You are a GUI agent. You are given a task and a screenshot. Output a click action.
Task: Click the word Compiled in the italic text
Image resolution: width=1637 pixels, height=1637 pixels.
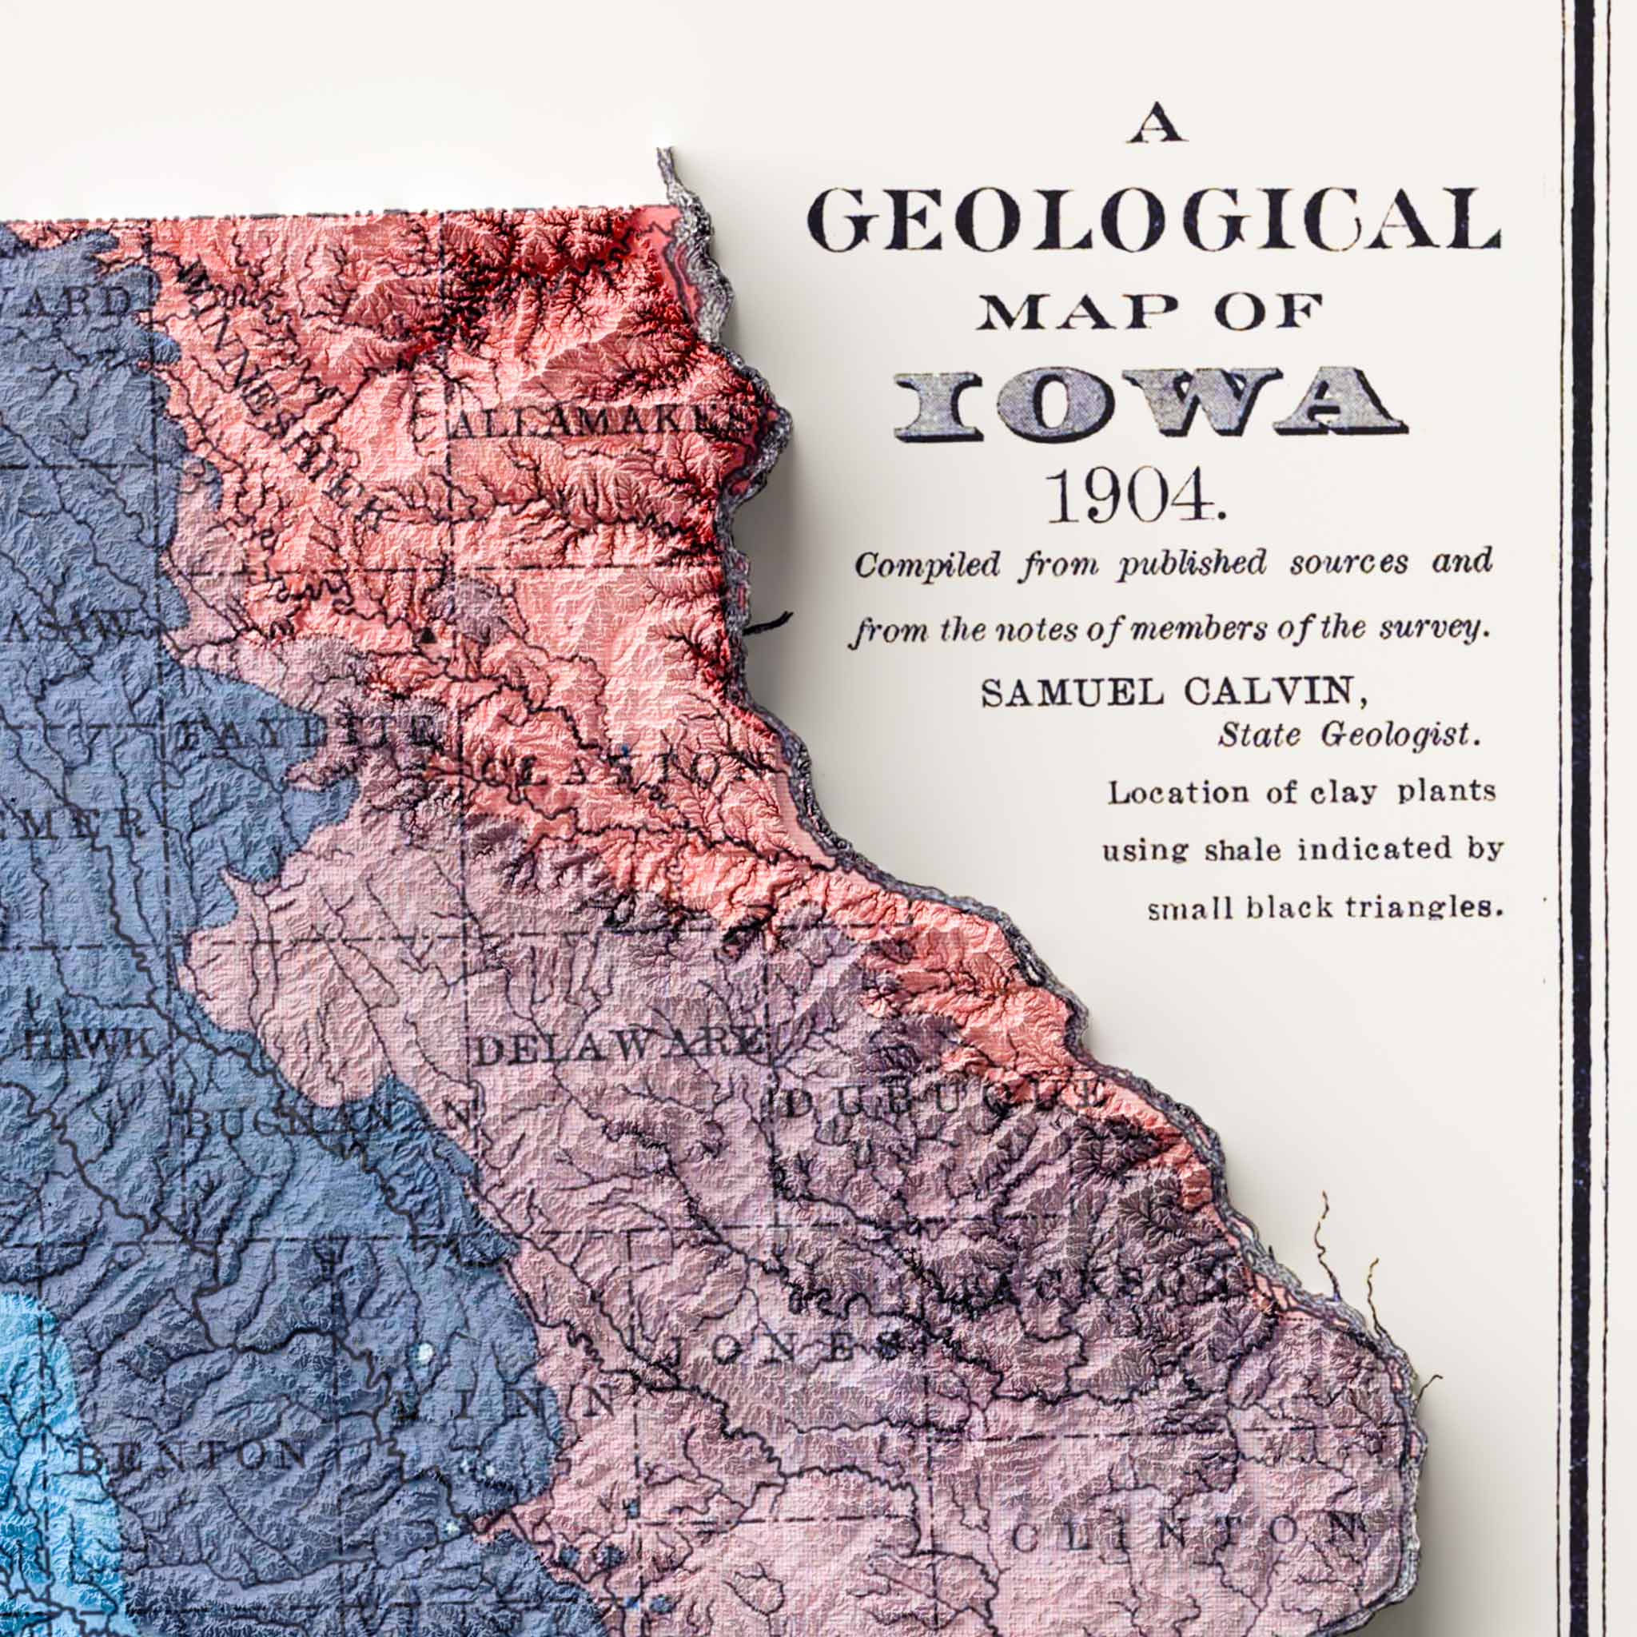(x=927, y=564)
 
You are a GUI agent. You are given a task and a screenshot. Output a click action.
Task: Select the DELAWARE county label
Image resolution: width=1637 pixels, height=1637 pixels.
(x=617, y=1047)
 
